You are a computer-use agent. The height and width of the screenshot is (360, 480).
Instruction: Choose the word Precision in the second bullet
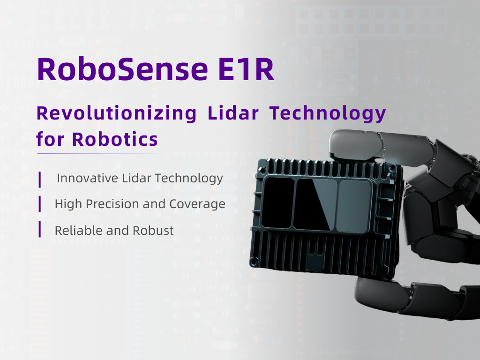click(x=123, y=204)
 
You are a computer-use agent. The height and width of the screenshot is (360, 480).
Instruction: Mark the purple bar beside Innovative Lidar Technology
click(x=40, y=178)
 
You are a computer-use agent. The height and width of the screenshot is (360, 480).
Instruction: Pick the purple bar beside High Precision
click(x=40, y=204)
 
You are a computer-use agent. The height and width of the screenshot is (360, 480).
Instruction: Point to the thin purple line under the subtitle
click(x=101, y=153)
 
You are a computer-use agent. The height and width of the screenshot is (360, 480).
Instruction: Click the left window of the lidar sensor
click(x=277, y=203)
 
